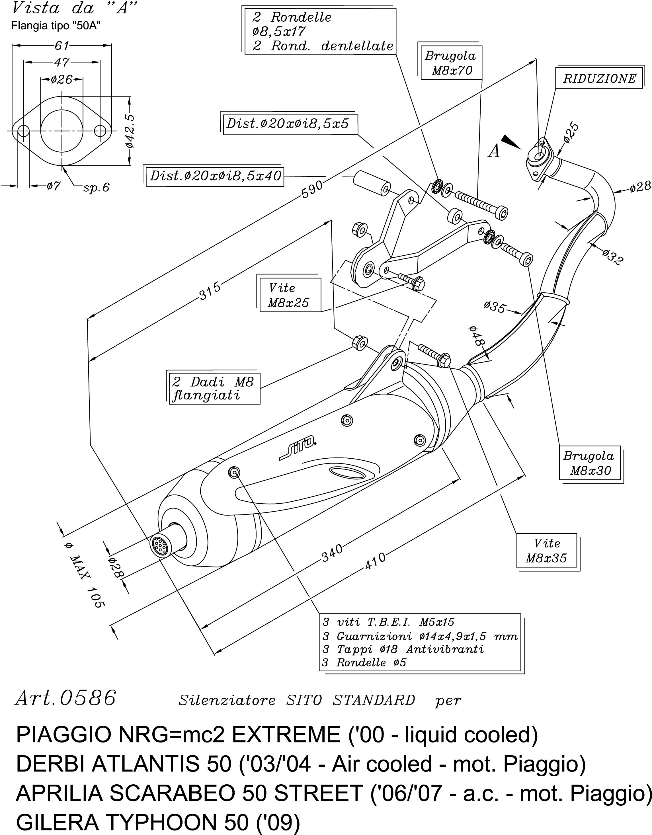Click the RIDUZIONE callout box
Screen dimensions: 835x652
[x=599, y=79]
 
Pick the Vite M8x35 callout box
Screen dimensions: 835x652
[x=546, y=551]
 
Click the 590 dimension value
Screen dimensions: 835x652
[x=312, y=189]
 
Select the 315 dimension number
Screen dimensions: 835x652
[x=210, y=291]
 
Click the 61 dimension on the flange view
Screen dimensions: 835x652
[x=62, y=46]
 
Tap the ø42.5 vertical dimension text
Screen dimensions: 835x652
[x=130, y=131]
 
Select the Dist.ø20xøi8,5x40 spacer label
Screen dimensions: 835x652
[x=215, y=176]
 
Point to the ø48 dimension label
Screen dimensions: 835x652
[x=476, y=336]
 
